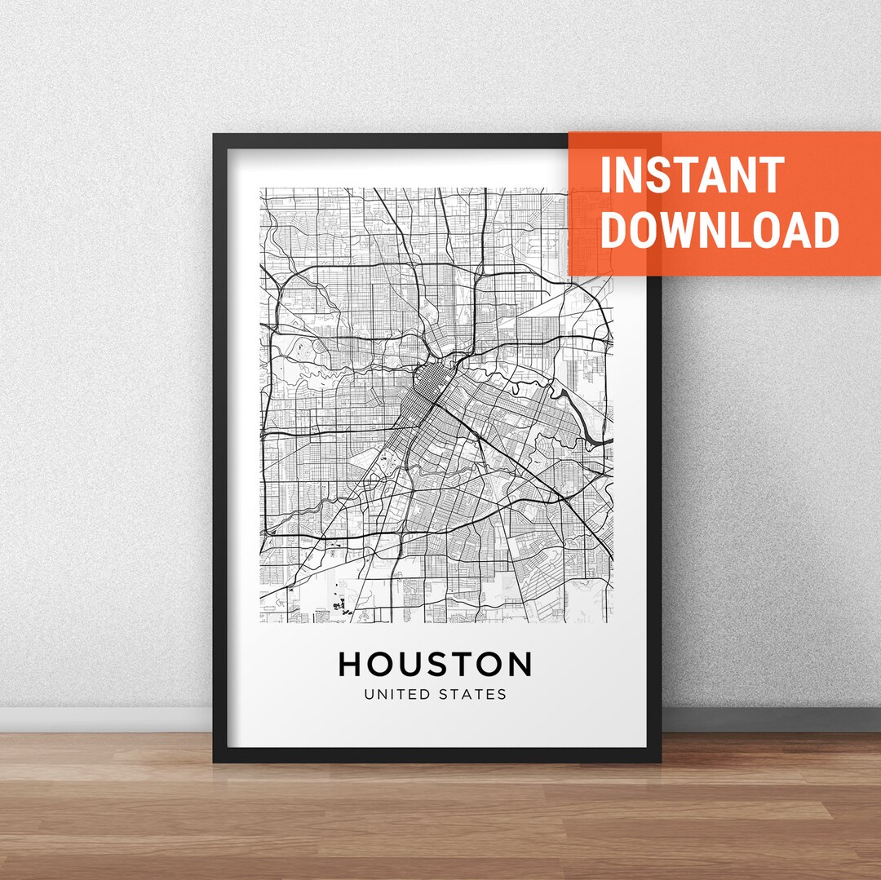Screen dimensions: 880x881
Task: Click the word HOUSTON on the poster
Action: click(x=435, y=664)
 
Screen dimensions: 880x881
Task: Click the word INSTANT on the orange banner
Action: click(x=692, y=175)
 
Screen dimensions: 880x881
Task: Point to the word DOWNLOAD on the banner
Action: click(x=719, y=229)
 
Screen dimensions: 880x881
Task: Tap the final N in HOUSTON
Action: click(x=519, y=664)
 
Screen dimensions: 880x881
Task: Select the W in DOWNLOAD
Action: click(x=687, y=229)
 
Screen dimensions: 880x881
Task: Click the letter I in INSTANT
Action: click(x=605, y=175)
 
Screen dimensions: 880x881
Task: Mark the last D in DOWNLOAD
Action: click(x=826, y=229)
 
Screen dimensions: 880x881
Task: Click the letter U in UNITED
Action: click(x=369, y=695)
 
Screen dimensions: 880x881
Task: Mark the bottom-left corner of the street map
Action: click(x=261, y=621)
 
